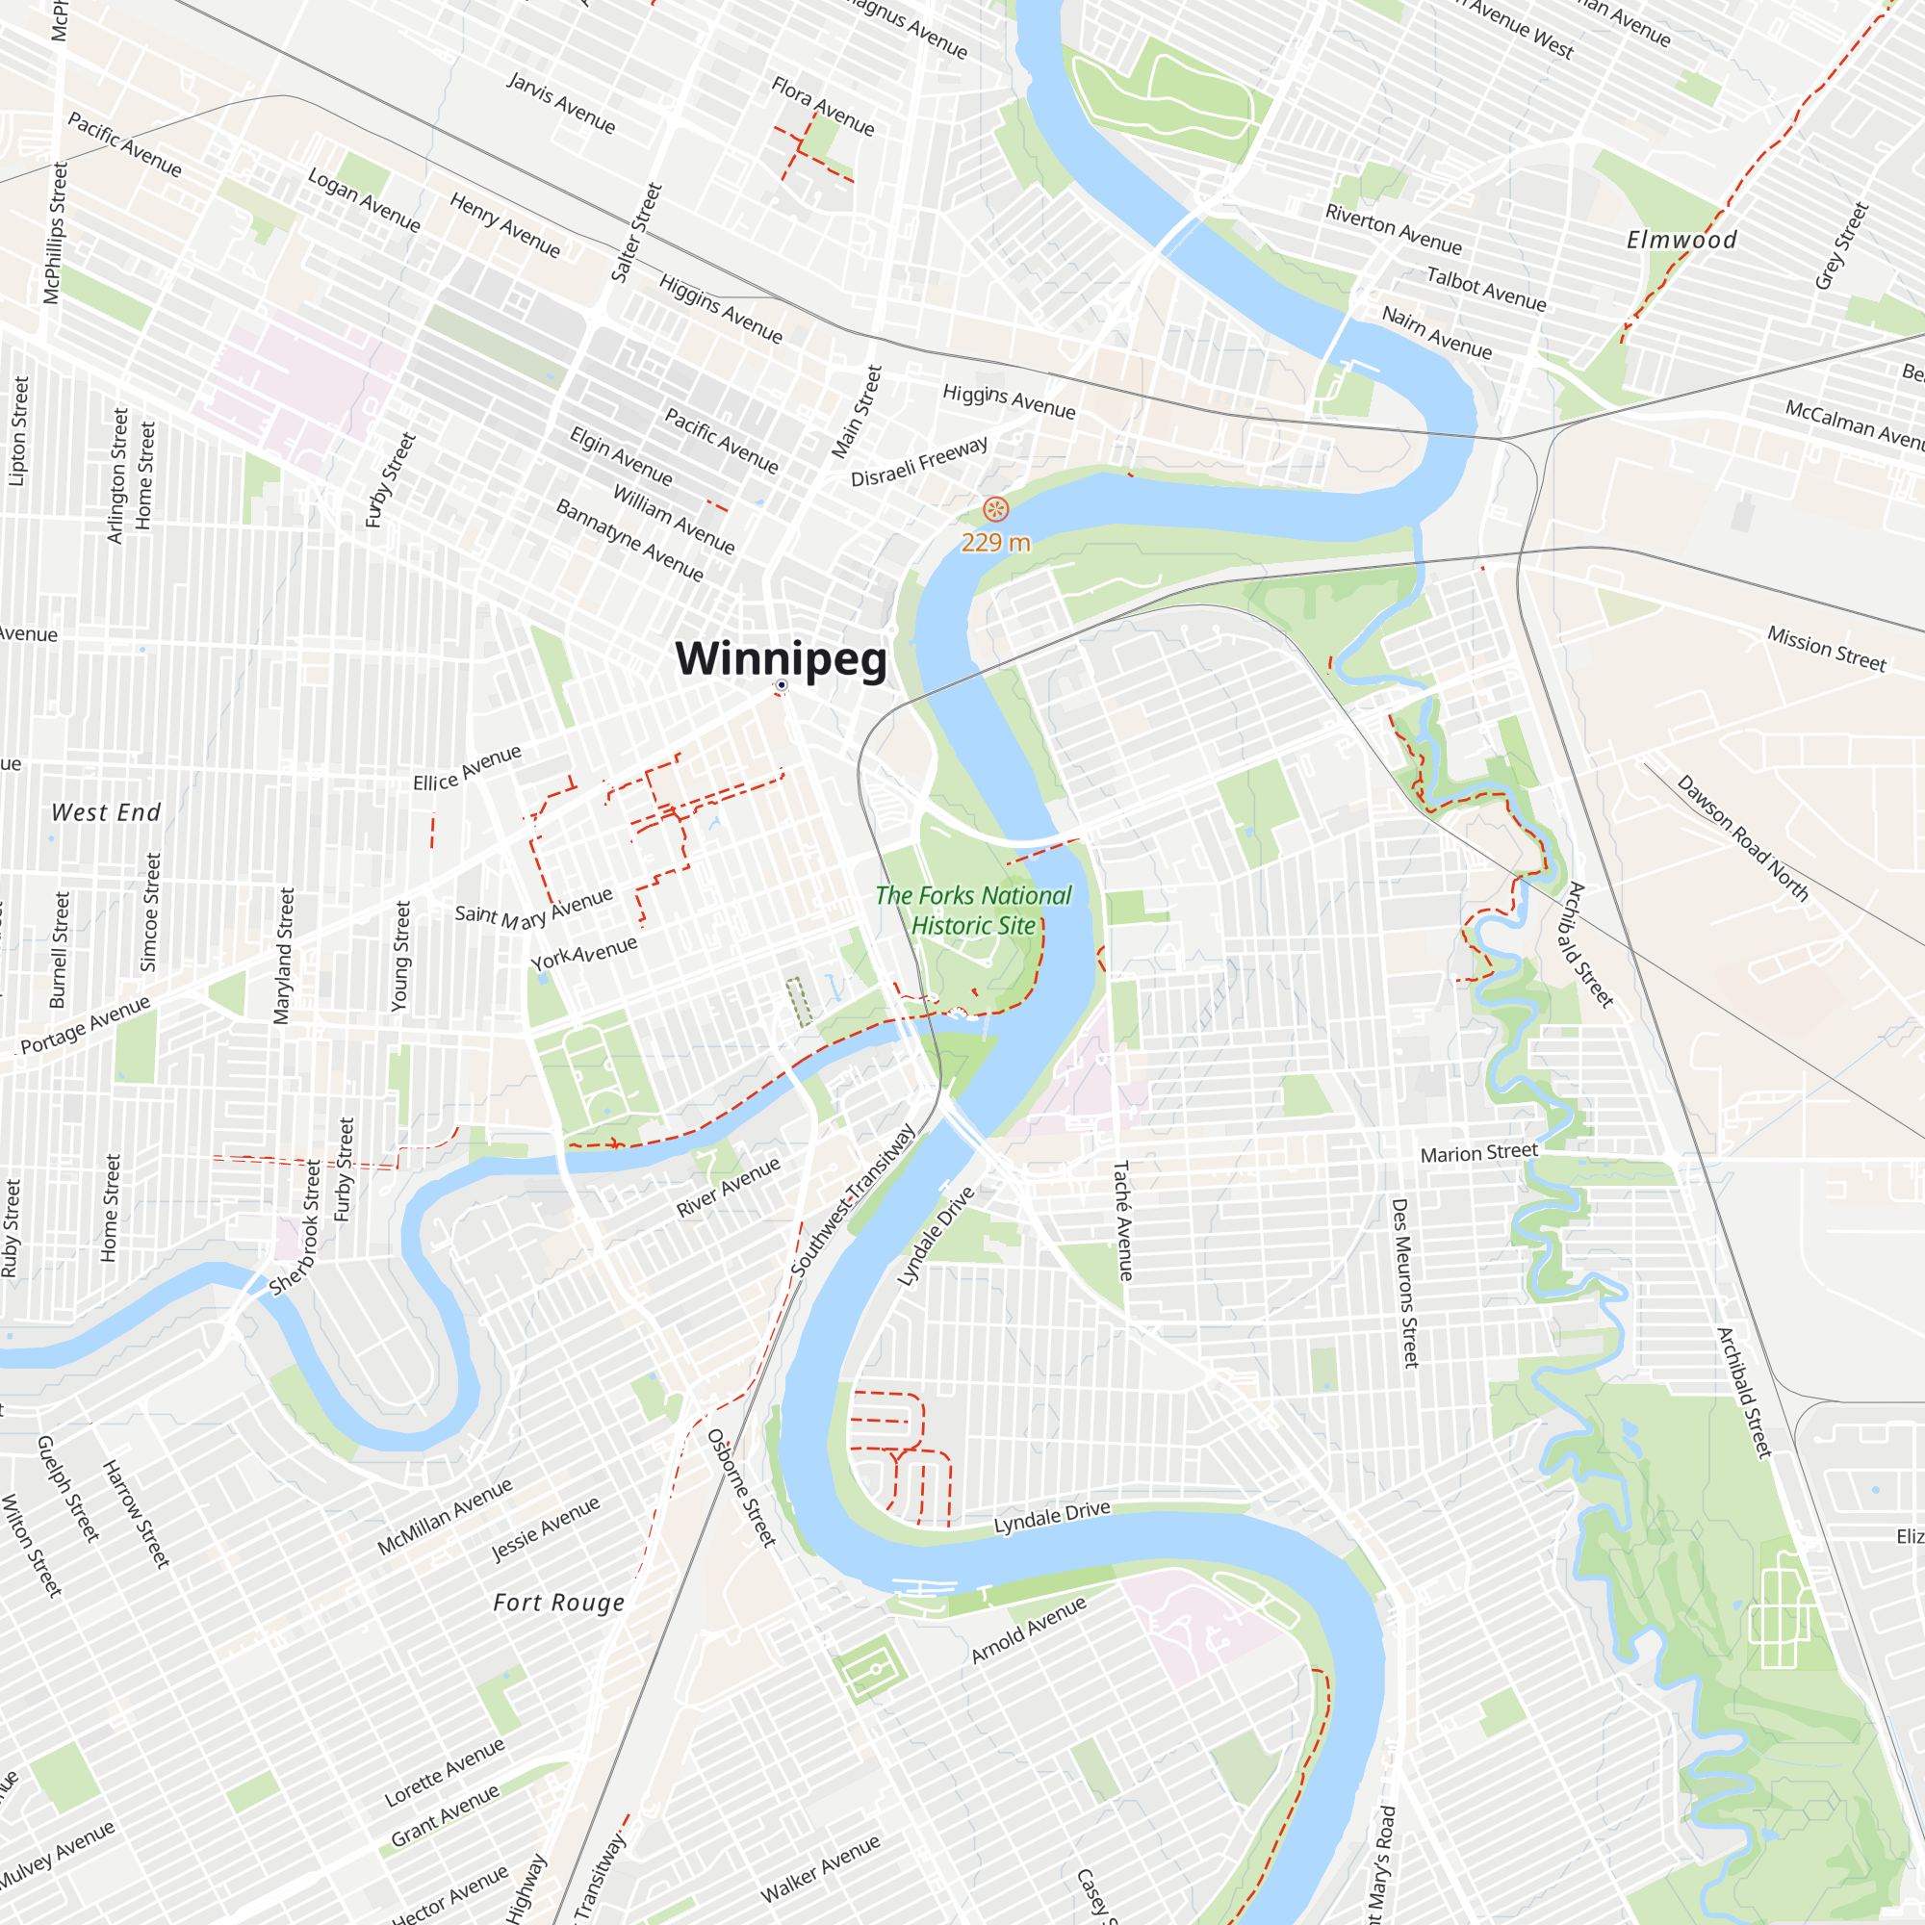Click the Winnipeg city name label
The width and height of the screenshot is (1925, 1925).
click(x=781, y=658)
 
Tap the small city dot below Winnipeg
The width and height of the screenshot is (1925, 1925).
click(x=782, y=685)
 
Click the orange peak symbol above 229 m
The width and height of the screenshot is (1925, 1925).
click(x=995, y=510)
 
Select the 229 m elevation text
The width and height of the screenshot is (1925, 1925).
click(x=995, y=543)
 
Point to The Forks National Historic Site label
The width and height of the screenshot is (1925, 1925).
click(x=972, y=911)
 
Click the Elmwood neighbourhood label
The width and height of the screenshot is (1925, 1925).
click(x=1681, y=240)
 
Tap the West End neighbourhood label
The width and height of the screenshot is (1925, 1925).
click(x=107, y=813)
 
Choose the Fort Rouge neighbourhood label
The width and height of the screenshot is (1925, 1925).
click(x=559, y=1604)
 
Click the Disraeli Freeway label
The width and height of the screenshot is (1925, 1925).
click(x=918, y=461)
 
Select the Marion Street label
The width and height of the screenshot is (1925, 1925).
click(x=1478, y=1154)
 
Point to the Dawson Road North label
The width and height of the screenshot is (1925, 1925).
click(x=1742, y=838)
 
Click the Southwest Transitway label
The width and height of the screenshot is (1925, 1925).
click(x=852, y=1200)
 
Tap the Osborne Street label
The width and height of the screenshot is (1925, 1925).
click(x=740, y=1489)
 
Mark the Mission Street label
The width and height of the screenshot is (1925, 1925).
click(x=1827, y=649)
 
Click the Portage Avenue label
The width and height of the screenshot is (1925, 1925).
click(x=86, y=1024)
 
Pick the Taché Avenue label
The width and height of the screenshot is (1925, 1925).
click(x=1123, y=1220)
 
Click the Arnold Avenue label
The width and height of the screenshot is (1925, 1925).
click(x=1027, y=1631)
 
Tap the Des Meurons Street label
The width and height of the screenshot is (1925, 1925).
click(x=1404, y=1283)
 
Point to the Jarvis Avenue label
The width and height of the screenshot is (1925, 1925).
click(x=560, y=103)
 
